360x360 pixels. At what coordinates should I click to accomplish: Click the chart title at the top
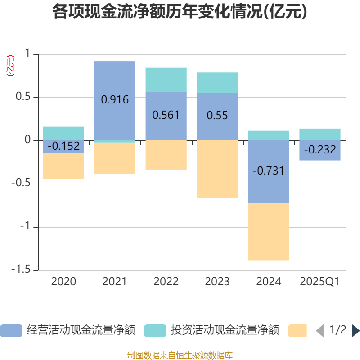180,12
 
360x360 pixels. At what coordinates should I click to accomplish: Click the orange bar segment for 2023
217,169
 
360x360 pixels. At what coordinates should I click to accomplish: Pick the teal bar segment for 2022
166,80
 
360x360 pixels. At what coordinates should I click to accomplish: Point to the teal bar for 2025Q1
320,134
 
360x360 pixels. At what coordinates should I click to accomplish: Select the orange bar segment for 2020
63,166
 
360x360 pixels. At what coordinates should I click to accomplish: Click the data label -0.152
63,146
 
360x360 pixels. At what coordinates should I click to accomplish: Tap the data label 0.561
166,115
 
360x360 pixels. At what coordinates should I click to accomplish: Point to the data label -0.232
320,150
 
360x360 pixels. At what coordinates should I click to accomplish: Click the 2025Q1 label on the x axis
320,282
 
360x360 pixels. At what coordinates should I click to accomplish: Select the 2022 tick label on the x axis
166,282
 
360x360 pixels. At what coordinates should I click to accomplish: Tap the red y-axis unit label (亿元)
10,66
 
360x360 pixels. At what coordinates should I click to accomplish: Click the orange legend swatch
297,331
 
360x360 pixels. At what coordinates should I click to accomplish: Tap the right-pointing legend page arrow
355,331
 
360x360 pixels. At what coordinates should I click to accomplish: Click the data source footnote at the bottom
180,355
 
